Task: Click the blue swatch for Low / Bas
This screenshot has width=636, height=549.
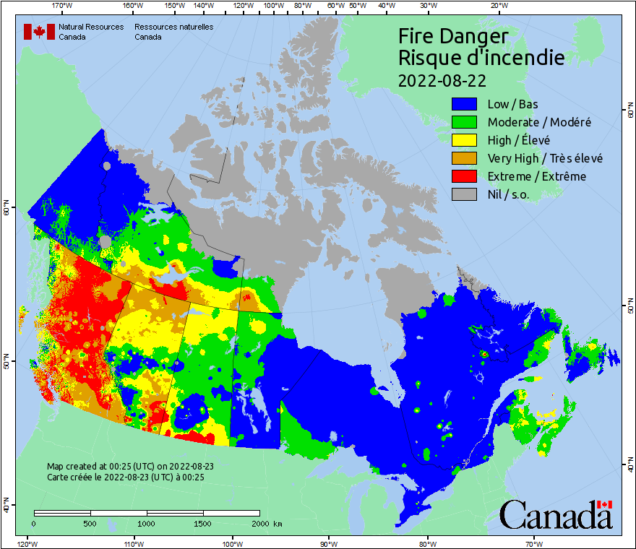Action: pos(465,104)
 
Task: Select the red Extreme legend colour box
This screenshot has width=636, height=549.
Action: pos(465,176)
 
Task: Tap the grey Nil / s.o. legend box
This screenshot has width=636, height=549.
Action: pos(465,194)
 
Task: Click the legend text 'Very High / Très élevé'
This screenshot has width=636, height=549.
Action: pos(545,158)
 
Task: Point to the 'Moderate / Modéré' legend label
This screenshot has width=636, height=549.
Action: pos(539,122)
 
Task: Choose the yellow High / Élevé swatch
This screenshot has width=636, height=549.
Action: pos(465,140)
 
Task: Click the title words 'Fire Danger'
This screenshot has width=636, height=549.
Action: pos(453,37)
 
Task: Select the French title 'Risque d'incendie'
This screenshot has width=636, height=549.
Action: pos(481,58)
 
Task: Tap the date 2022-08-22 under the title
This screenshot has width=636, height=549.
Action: pos(442,79)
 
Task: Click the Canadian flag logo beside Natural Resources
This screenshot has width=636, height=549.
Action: pos(39,32)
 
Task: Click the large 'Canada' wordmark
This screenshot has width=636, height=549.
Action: pos(555,514)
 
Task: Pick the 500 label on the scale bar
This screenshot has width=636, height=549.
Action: pos(90,524)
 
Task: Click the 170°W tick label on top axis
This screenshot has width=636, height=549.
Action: pos(63,6)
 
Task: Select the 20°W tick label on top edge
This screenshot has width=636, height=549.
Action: pos(497,6)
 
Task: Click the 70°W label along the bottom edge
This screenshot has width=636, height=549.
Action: pos(533,543)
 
